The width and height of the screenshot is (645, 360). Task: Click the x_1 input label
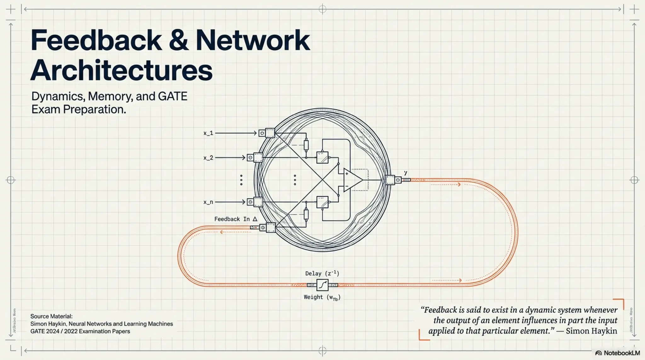pyautogui.click(x=208, y=133)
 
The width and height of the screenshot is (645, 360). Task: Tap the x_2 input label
pyautogui.click(x=208, y=158)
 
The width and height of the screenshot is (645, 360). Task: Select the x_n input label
pyautogui.click(x=208, y=202)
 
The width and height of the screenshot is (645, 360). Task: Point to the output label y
pyautogui.click(x=406, y=173)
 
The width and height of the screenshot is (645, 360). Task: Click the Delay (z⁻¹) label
pyautogui.click(x=322, y=273)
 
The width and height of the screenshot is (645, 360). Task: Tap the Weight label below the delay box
pyautogui.click(x=322, y=297)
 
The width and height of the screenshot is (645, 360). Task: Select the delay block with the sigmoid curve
pyautogui.click(x=322, y=285)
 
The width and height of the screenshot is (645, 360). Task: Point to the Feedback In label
pyautogui.click(x=236, y=219)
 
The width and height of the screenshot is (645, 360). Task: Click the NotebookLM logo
pyautogui.click(x=618, y=353)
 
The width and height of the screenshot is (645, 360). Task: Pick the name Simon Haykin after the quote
pyautogui.click(x=591, y=331)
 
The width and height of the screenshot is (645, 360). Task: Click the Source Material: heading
pyautogui.click(x=51, y=316)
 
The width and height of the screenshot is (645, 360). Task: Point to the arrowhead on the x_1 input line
pyautogui.click(x=255, y=133)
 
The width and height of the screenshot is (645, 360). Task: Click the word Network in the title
pyautogui.click(x=253, y=40)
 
